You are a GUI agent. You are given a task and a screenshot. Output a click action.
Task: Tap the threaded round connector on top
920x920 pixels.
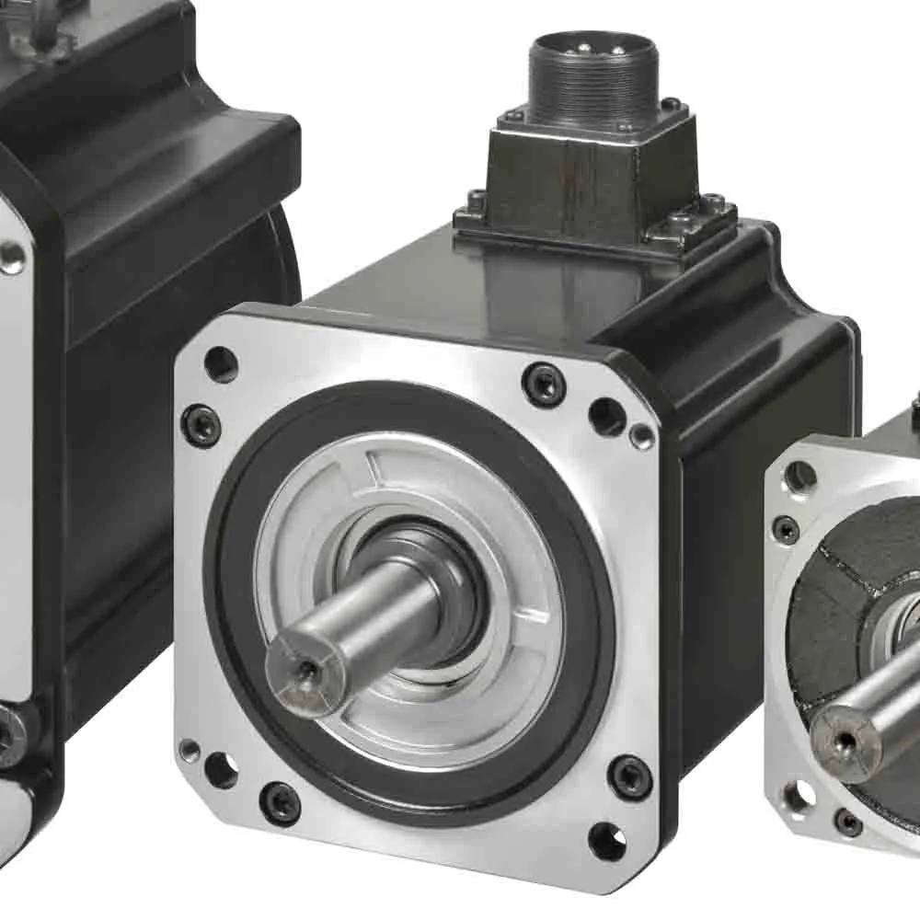coord(592,77)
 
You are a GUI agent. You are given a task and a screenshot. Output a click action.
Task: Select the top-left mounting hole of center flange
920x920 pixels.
coord(221,364)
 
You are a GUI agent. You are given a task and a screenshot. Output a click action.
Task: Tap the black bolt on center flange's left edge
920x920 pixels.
coord(201,425)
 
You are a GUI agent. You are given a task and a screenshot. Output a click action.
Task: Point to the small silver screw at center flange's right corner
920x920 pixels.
coord(641,435)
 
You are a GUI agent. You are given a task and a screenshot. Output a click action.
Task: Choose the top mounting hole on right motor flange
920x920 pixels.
coord(799,477)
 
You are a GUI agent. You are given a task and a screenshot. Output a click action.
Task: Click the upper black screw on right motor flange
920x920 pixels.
coord(786,529)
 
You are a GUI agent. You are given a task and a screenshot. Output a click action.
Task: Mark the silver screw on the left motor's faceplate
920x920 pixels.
coord(11,257)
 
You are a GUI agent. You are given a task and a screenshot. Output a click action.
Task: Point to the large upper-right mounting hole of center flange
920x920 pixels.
coord(606,416)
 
